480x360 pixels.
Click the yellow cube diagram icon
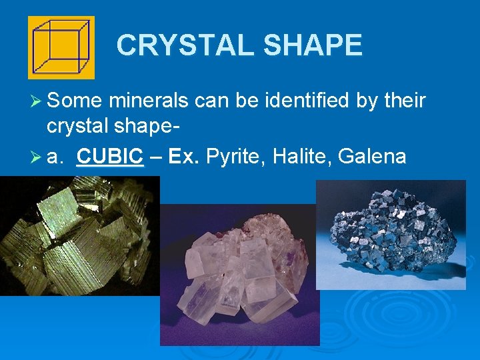pos(61,47)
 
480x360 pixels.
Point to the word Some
pos(75,101)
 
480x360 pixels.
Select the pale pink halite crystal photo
pos(240,273)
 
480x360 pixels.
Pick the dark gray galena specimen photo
pos(391,233)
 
